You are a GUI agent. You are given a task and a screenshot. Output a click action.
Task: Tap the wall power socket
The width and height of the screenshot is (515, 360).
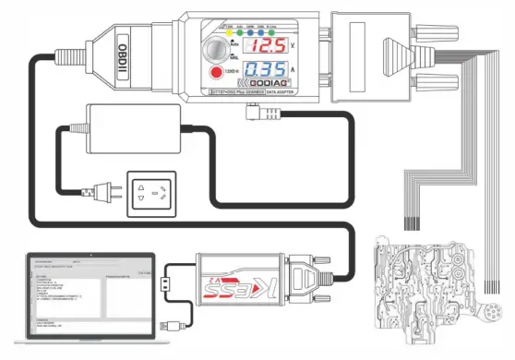point(152,191)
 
